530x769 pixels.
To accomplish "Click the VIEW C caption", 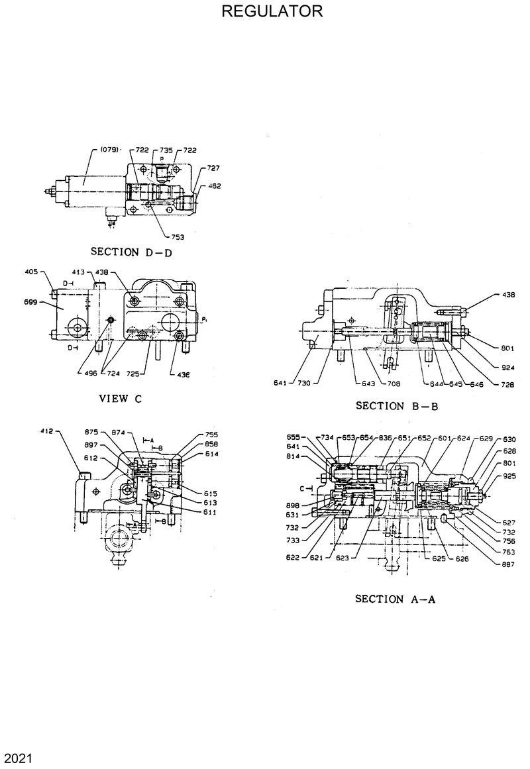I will (121, 399).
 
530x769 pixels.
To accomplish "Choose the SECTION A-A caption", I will (395, 599).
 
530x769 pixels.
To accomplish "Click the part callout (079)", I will (109, 150).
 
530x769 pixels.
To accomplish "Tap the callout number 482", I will (215, 186).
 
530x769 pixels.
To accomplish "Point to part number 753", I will (178, 236).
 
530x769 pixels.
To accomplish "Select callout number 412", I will (46, 431).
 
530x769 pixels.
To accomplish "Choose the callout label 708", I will (393, 383).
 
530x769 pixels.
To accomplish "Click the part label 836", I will (386, 438).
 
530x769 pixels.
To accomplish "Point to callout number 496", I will (91, 373).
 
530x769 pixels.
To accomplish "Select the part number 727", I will (213, 168).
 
